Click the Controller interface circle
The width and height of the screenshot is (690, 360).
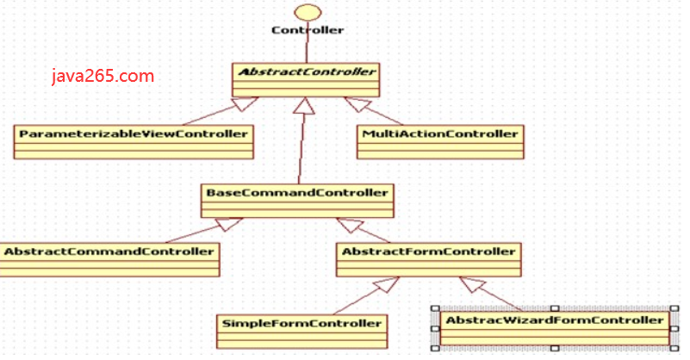coord(307,12)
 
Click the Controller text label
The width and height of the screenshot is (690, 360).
coord(308,30)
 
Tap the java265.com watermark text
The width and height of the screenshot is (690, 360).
coord(103,76)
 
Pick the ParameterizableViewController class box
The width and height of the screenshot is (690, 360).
coord(134,141)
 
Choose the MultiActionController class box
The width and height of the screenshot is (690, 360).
coord(440,141)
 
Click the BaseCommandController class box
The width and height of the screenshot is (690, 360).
coord(298,199)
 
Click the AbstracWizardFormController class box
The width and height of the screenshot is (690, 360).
coord(554,327)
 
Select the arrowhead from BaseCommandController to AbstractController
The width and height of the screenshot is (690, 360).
coord(301,107)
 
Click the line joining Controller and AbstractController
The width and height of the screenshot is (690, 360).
coord(307,50)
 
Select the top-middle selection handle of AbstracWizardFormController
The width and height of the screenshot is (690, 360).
coord(554,307)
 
